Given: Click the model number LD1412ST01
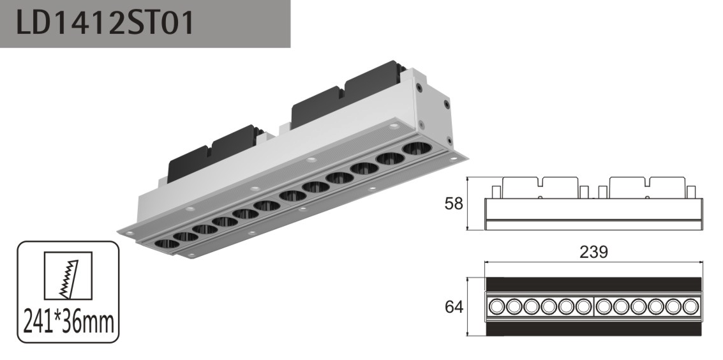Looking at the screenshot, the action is (x=105, y=23).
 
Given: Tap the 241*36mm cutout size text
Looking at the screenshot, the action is (x=68, y=322).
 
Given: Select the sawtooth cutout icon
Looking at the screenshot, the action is (x=68, y=276).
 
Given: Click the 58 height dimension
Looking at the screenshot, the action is (x=453, y=203).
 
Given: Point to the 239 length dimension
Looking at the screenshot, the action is (x=593, y=251).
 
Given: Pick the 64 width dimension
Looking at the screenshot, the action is (x=454, y=306).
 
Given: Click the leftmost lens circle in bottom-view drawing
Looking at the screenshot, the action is (x=496, y=306).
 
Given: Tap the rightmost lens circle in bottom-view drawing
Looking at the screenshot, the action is (x=690, y=306).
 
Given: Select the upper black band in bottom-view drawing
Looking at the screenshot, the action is (x=594, y=285).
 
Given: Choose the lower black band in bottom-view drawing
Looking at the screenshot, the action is (x=594, y=329).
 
